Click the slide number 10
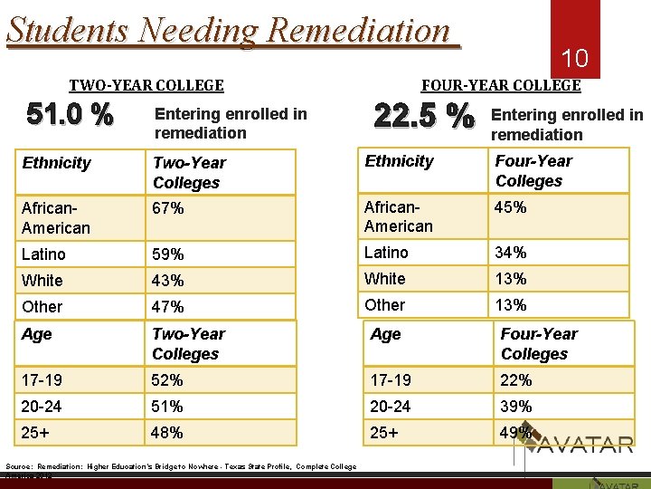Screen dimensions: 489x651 tap(575, 59)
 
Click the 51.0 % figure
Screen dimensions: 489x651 tap(71, 115)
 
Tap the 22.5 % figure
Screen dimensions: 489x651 tap(423, 116)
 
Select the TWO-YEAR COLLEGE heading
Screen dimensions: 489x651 tap(146, 85)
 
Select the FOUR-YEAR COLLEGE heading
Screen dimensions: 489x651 tap(501, 85)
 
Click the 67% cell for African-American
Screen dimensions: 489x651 tap(168, 209)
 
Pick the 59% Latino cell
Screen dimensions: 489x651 tap(168, 254)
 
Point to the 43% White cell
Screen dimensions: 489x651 tap(168, 281)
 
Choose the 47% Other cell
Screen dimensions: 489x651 tap(168, 307)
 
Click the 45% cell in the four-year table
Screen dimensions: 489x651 tap(511, 207)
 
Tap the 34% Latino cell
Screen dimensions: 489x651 tap(511, 253)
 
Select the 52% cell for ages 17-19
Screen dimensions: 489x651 tap(168, 380)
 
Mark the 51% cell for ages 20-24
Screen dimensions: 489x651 tap(168, 407)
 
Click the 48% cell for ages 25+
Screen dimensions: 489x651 tap(168, 433)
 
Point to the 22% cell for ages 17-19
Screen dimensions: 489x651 tap(516, 380)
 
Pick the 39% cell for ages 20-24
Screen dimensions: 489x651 tap(516, 407)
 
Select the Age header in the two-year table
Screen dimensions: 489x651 tap(37, 334)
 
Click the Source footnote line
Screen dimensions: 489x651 tap(181, 466)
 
